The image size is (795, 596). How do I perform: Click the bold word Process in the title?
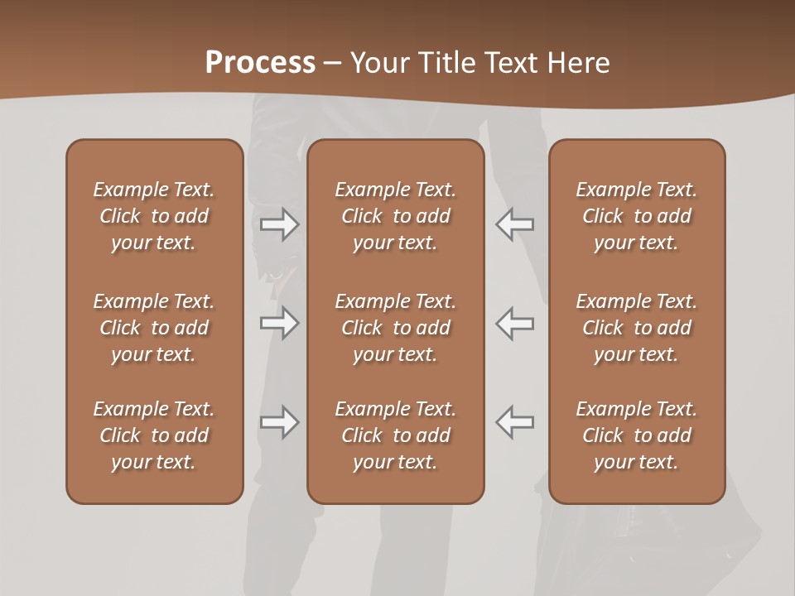tap(260, 63)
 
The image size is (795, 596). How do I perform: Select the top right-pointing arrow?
tap(280, 224)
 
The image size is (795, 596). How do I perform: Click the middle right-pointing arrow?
tap(280, 323)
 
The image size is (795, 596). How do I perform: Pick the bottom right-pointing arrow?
tap(280, 422)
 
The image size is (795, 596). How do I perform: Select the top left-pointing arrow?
tap(514, 224)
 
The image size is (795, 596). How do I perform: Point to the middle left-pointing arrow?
tap(514, 323)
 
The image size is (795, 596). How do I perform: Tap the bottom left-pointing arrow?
tap(514, 422)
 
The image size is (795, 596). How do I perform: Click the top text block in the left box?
tap(154, 216)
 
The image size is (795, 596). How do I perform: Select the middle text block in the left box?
tap(154, 328)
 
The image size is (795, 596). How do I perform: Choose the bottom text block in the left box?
tap(154, 435)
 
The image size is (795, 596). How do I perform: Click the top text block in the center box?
tap(396, 216)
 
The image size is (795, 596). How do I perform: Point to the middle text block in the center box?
tap(396, 328)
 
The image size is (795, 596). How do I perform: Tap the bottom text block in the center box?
tap(396, 435)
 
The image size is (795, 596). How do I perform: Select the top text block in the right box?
tap(637, 216)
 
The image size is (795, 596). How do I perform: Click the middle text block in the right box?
tap(637, 328)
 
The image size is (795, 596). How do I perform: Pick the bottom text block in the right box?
tap(637, 435)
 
